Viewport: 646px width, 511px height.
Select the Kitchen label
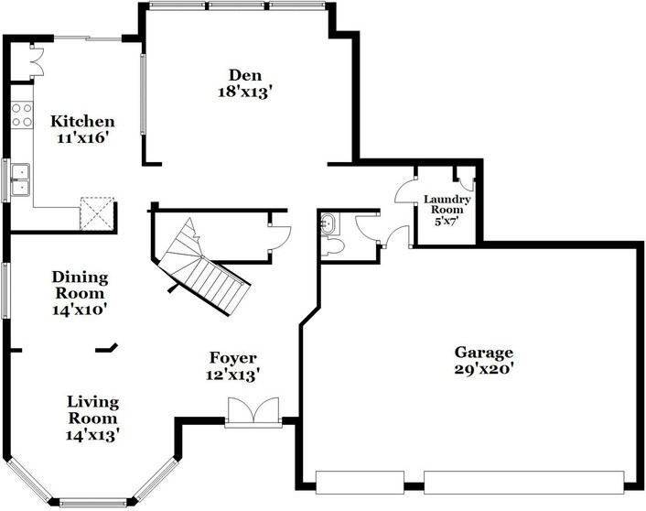82,122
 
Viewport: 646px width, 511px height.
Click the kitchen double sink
19,179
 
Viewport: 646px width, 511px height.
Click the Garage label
484,353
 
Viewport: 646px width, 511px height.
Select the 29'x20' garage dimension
484,371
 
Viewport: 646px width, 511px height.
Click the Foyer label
232,358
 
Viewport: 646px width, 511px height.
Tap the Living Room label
92,409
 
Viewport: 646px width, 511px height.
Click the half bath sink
330,223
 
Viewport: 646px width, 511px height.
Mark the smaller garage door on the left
359,477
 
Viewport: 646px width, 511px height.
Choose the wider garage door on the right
523,477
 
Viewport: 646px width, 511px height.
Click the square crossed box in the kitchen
94,212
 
